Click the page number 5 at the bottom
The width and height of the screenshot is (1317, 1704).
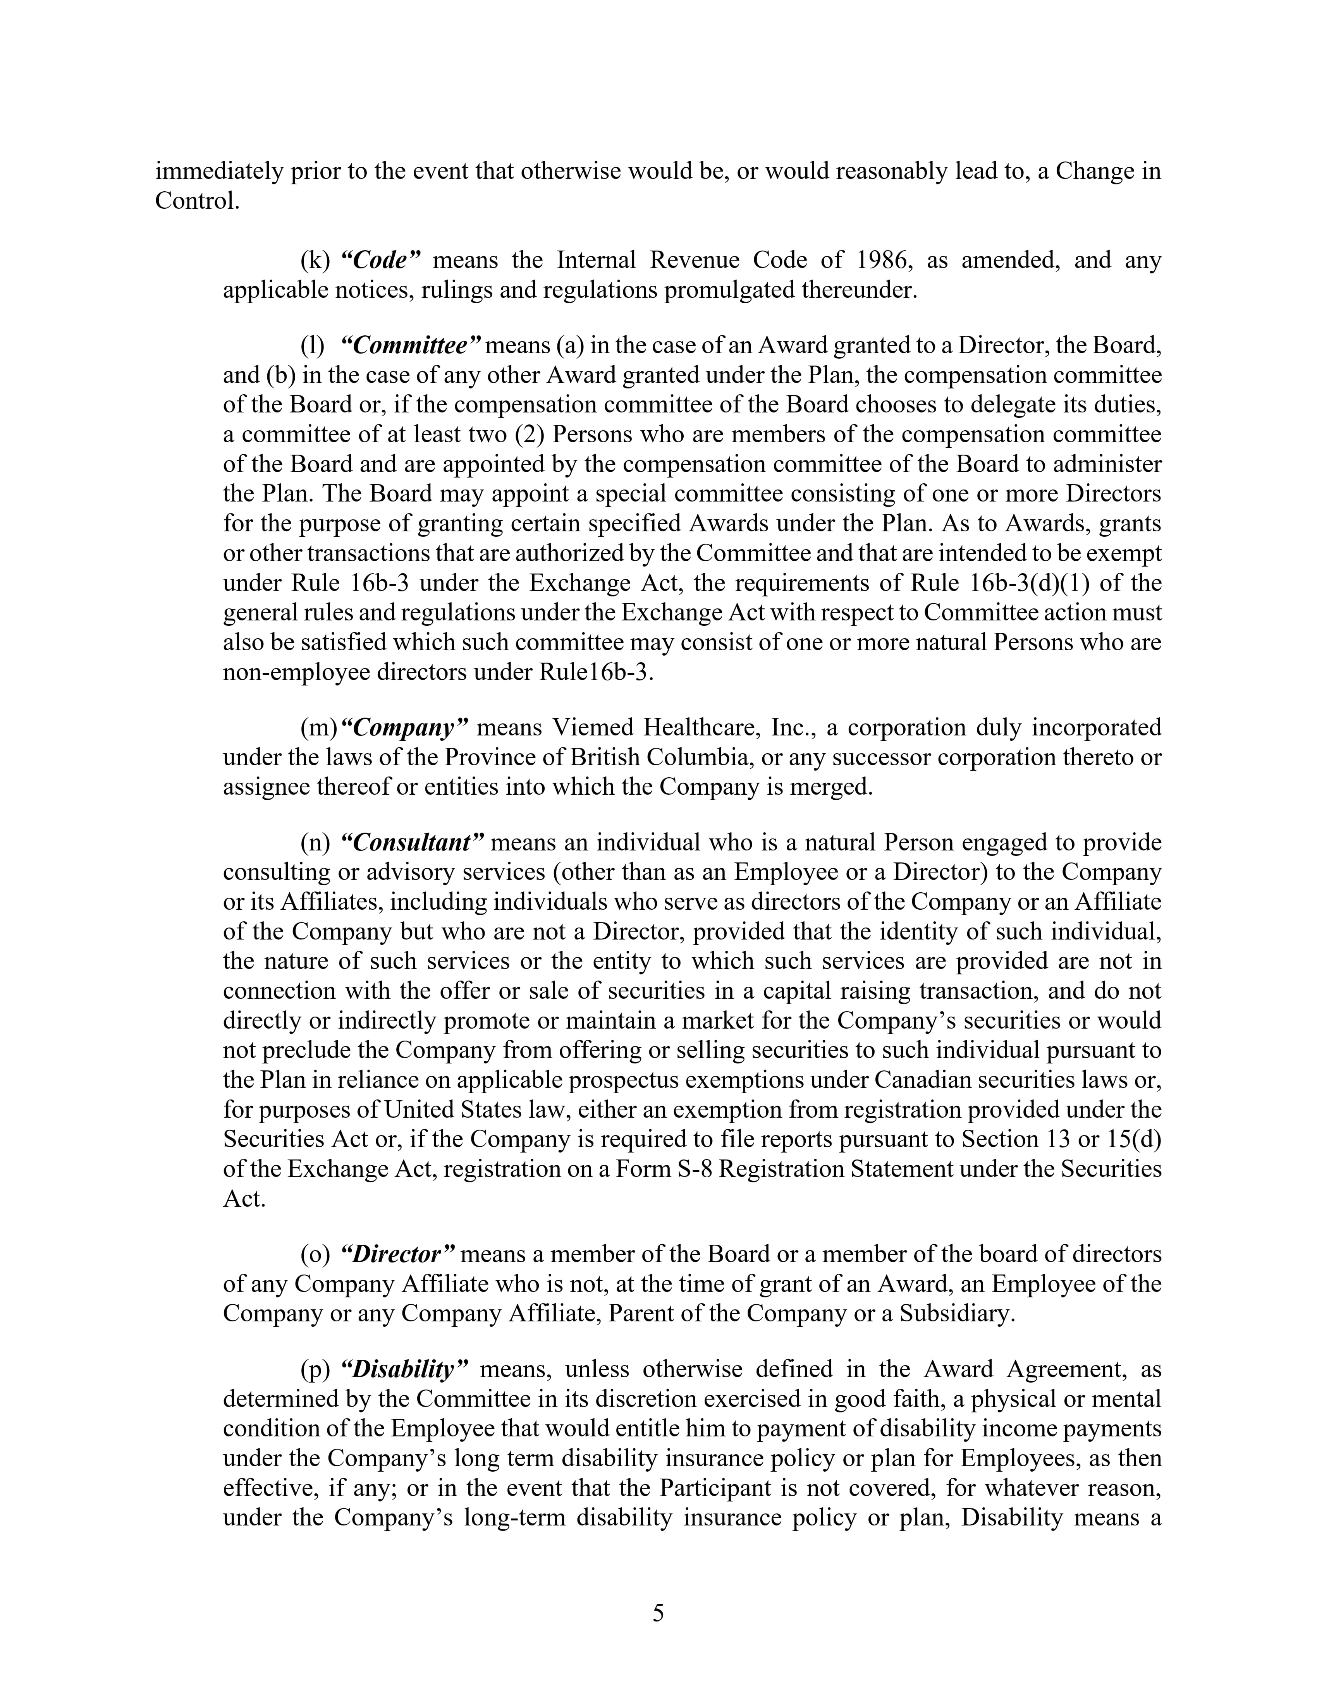658,1613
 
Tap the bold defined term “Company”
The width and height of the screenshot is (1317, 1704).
405,728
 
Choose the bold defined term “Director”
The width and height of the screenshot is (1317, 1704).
398,1255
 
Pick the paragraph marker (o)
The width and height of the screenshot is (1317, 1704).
316,1255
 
